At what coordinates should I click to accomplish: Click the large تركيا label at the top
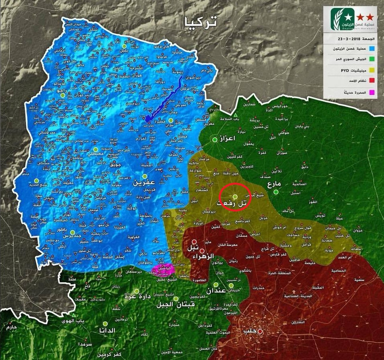tap(200, 22)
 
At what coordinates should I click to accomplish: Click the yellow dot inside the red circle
tap(235, 196)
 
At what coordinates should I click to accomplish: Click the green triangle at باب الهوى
tap(74, 315)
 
